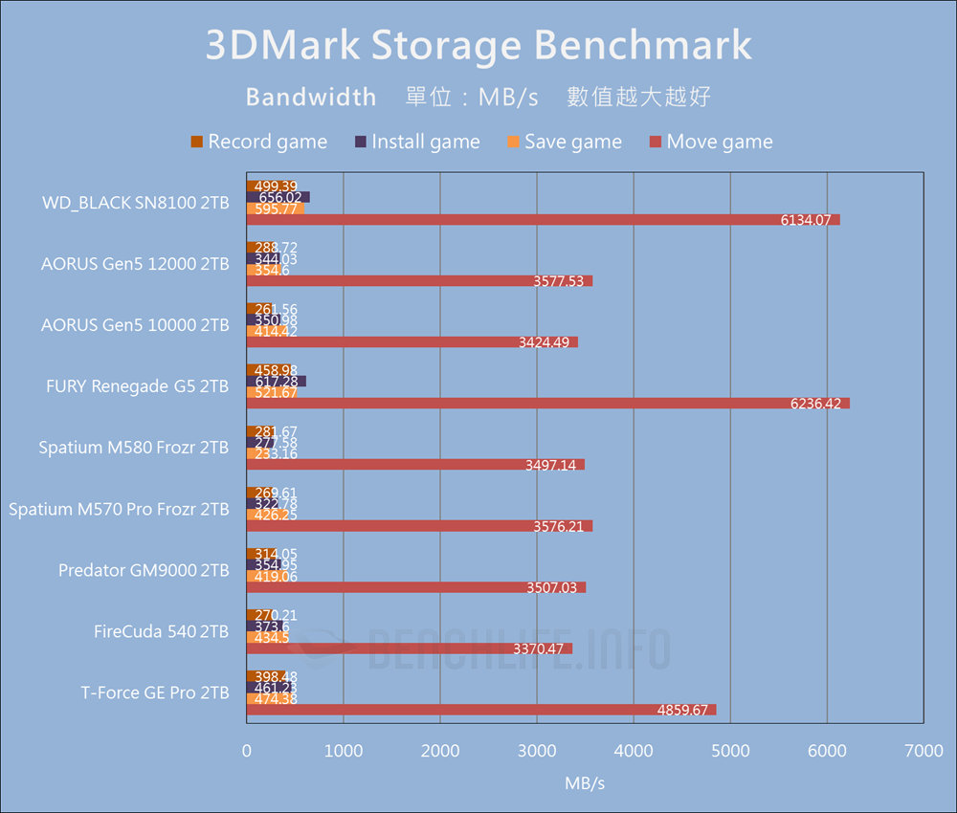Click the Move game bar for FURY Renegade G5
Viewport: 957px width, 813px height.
click(547, 404)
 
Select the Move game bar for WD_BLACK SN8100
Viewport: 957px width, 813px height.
click(543, 220)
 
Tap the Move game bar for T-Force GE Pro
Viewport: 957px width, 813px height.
click(480, 710)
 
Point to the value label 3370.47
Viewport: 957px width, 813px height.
click(539, 648)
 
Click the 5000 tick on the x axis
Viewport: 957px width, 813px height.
click(730, 752)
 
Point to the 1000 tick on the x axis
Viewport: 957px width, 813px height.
click(343, 752)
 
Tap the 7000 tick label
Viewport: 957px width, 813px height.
click(924, 752)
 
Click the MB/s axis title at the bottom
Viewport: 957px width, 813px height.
click(585, 783)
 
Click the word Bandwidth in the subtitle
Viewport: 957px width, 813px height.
click(311, 97)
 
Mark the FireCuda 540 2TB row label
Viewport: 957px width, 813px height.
click(161, 631)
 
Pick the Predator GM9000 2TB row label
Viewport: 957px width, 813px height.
click(144, 570)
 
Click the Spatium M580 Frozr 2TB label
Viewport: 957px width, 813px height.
click(134, 448)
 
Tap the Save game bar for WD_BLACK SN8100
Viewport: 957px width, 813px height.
click(275, 209)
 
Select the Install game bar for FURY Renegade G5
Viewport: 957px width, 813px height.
click(276, 382)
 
